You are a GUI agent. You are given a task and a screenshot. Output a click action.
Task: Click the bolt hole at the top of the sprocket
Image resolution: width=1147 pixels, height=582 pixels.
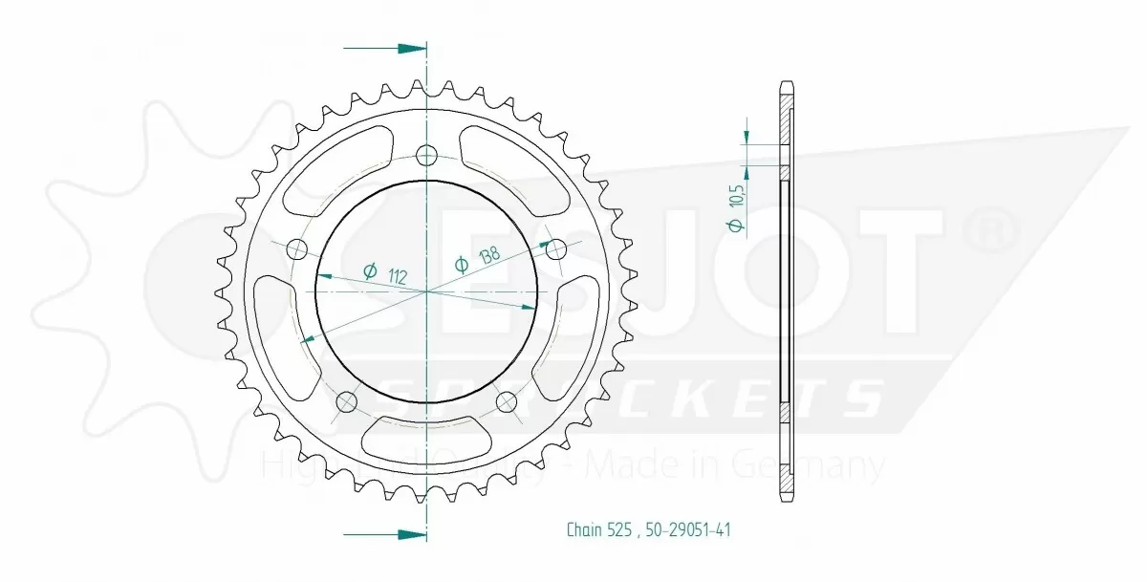tap(426, 154)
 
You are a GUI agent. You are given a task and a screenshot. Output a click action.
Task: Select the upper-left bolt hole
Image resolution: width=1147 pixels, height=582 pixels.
tap(297, 250)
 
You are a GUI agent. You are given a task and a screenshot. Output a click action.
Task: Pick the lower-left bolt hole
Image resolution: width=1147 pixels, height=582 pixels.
tap(347, 401)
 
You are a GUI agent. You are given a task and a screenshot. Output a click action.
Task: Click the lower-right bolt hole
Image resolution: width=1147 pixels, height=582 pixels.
tap(506, 401)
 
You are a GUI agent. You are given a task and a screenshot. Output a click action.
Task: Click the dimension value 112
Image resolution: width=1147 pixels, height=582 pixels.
tap(399, 278)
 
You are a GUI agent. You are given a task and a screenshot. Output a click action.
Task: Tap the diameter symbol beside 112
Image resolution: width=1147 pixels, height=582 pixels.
tap(370, 271)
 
